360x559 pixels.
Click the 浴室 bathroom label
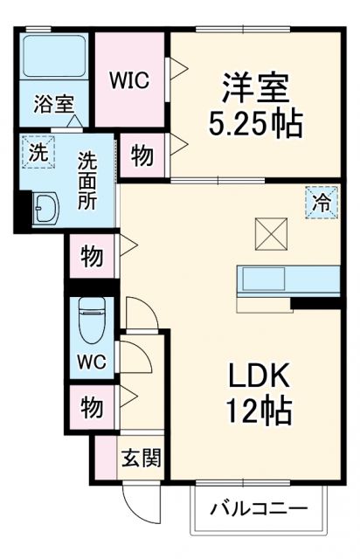pos(52,105)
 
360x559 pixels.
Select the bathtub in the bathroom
pos(52,58)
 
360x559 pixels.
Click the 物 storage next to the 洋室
pos(142,156)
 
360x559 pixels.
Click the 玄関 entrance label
pos(140,456)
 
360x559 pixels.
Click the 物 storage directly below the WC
pos(93,406)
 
